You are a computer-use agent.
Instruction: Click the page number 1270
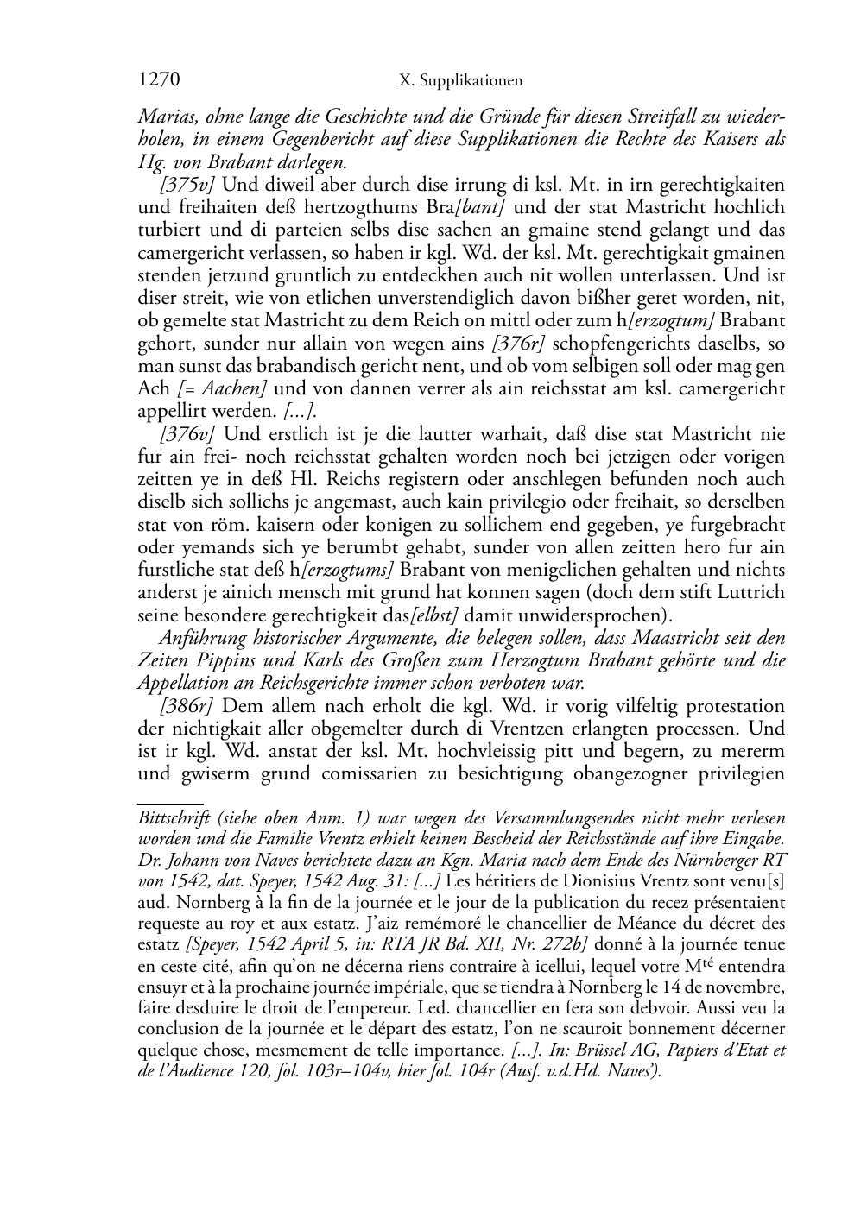click(159, 81)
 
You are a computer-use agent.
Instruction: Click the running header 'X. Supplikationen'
click(461, 82)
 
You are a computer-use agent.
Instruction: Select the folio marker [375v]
click(187, 185)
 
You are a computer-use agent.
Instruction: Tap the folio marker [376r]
click(517, 344)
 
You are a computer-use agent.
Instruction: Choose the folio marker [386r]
click(187, 706)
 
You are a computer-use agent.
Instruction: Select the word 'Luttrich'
click(753, 592)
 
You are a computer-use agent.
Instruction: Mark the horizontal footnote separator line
click(170, 803)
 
